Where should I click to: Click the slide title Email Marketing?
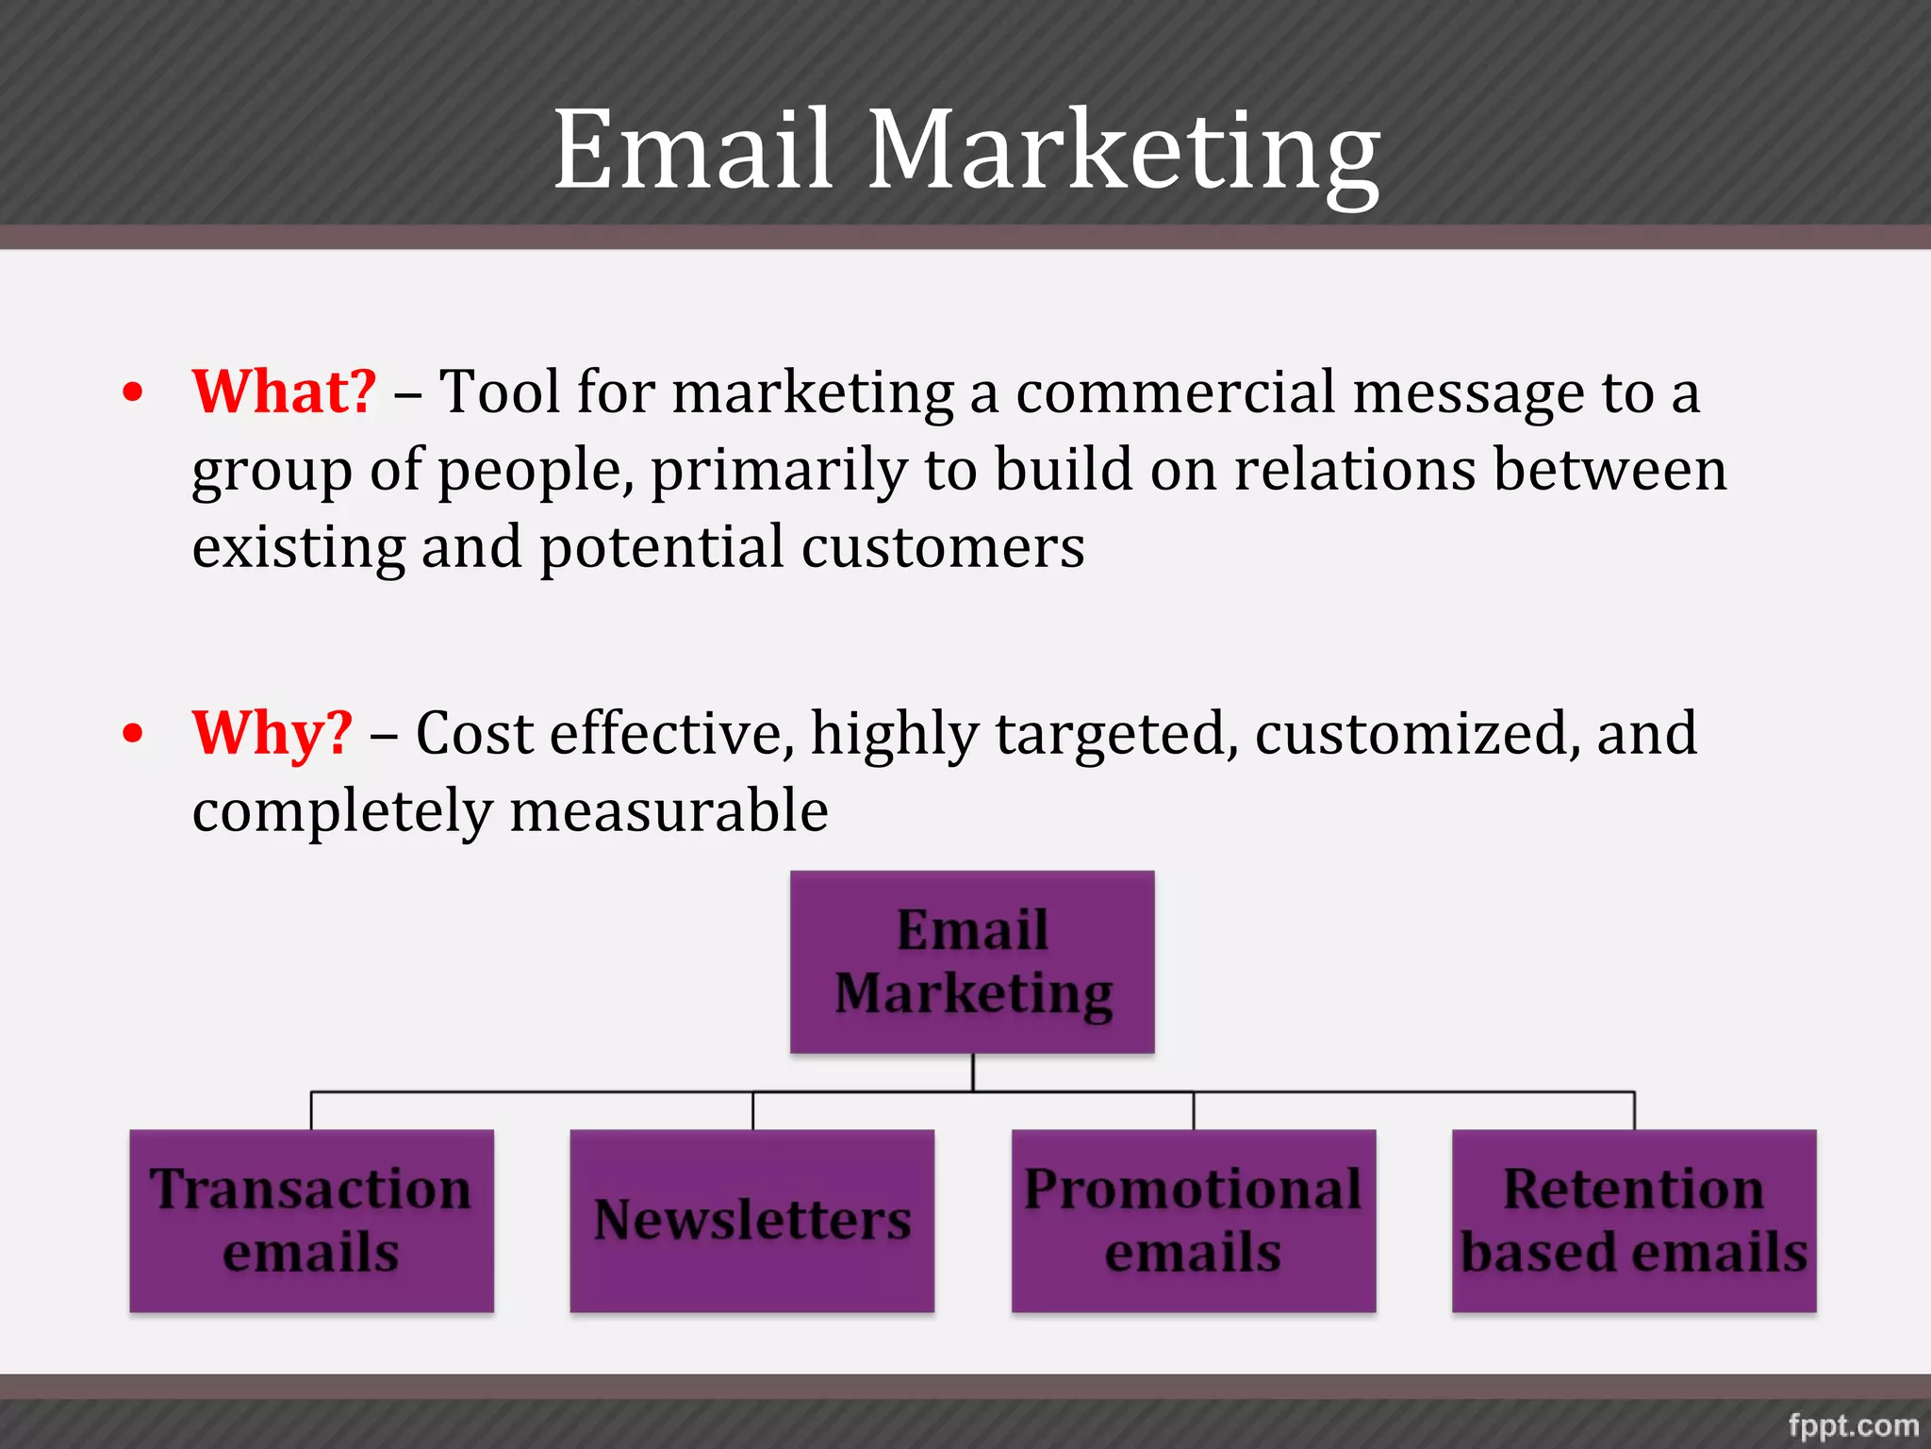(x=965, y=151)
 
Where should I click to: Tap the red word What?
(x=284, y=391)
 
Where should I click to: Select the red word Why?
(x=272, y=733)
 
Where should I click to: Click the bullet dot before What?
(x=134, y=392)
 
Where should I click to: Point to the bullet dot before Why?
(x=134, y=733)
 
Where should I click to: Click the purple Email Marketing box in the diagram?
(x=972, y=961)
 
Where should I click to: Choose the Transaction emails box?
(x=311, y=1221)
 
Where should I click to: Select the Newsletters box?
(x=751, y=1221)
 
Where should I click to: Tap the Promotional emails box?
(x=1193, y=1221)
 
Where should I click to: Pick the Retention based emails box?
(x=1634, y=1221)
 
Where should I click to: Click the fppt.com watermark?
(x=1853, y=1424)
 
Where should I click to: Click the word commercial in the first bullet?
(x=1175, y=391)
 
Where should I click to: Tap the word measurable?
(x=668, y=811)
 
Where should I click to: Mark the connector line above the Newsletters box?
(x=752, y=1110)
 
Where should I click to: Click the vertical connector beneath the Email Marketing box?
(x=972, y=1073)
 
